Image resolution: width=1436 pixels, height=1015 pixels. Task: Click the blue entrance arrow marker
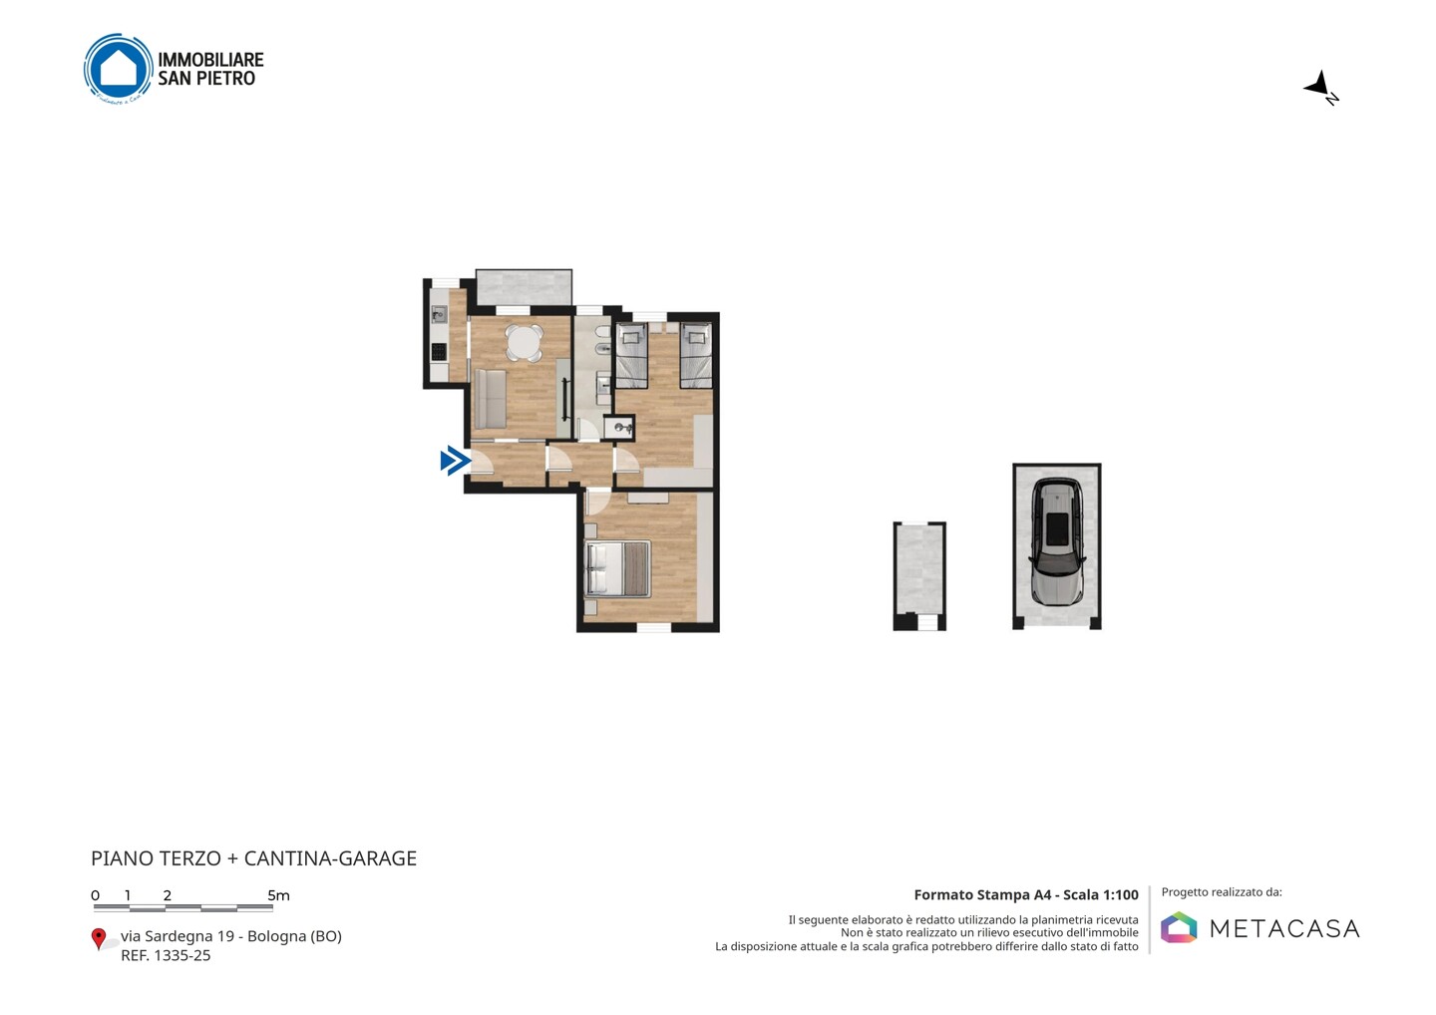coord(456,460)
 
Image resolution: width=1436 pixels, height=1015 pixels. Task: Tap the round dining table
coord(525,343)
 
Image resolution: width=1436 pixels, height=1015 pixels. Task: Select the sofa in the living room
coord(491,399)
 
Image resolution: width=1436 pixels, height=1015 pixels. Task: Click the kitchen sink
coord(439,315)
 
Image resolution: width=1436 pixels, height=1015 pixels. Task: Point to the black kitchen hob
coord(439,351)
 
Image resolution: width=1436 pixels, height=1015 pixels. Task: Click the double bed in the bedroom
coord(618,569)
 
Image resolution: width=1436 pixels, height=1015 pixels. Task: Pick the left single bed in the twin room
coord(632,355)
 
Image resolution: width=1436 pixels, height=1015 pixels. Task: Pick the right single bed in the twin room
coord(696,355)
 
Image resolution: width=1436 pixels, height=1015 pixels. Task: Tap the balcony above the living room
coord(524,287)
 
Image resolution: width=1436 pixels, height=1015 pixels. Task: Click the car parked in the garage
coord(1057,541)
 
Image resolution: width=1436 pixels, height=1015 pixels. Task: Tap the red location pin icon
coord(98,939)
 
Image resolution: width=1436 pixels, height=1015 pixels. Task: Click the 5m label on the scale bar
coord(278,895)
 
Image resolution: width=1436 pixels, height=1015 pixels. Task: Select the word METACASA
coord(1284,928)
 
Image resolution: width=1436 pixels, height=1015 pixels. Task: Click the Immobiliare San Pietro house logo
coord(119,68)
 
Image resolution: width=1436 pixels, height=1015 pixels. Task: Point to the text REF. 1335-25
coord(166,955)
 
